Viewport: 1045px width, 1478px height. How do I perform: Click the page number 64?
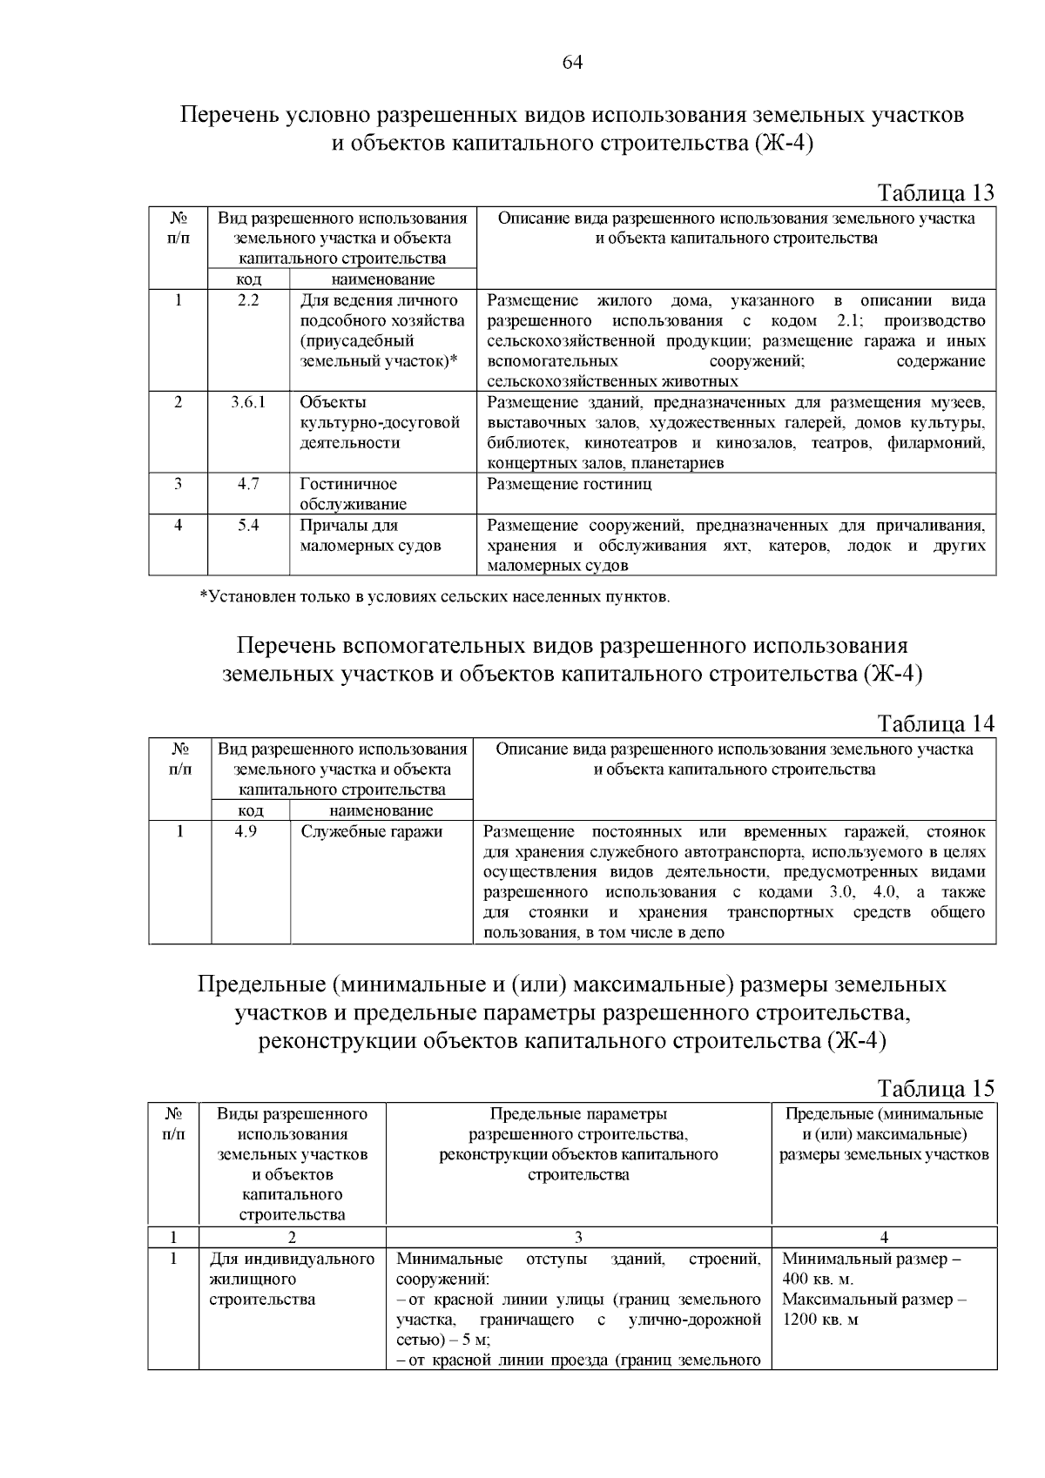coord(571,62)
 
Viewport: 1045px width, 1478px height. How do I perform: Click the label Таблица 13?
coord(935,192)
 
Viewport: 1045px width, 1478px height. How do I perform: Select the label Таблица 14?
coord(935,723)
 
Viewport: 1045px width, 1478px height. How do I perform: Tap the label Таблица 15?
coord(935,1088)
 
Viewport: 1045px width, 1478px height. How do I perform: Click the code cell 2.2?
coord(248,301)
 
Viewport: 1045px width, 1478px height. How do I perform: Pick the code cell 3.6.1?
coord(248,403)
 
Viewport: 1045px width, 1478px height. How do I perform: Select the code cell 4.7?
coord(248,484)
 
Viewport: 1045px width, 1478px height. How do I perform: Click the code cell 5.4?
coord(248,525)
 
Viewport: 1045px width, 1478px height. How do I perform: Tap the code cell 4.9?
coord(246,831)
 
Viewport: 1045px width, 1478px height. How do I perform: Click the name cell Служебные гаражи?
coord(372,831)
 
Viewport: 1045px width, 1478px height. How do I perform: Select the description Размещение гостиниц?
coord(569,484)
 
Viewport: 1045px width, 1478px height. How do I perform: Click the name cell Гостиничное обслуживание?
coord(348,494)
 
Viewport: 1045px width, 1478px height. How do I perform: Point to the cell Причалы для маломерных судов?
coord(370,535)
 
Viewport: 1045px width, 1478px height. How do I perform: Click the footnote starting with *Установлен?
coord(435,597)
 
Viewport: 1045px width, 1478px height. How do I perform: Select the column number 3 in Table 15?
coord(578,1237)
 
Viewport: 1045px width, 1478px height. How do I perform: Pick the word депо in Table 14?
coord(709,933)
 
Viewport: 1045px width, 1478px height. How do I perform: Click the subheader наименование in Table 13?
coord(382,279)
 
